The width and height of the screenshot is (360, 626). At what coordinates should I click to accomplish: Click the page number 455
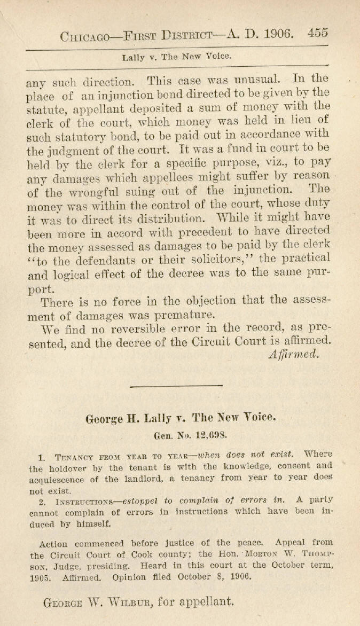point(317,33)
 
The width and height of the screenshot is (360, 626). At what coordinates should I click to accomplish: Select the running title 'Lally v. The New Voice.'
point(176,56)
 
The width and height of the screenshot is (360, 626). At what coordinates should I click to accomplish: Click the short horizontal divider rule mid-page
point(176,385)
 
